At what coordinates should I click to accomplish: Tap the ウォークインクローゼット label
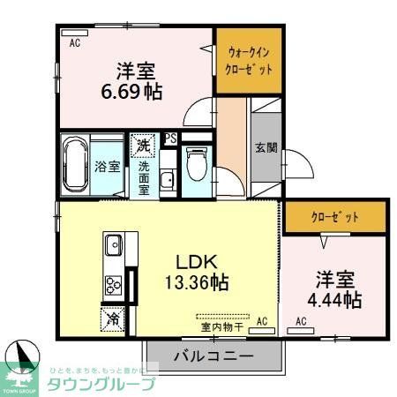tap(249, 61)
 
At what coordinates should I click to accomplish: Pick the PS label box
tap(169, 139)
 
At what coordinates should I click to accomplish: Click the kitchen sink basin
tap(114, 244)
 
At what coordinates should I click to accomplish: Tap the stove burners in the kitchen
tap(115, 284)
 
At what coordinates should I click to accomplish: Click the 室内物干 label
tap(222, 325)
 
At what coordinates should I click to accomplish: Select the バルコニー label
tap(213, 357)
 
